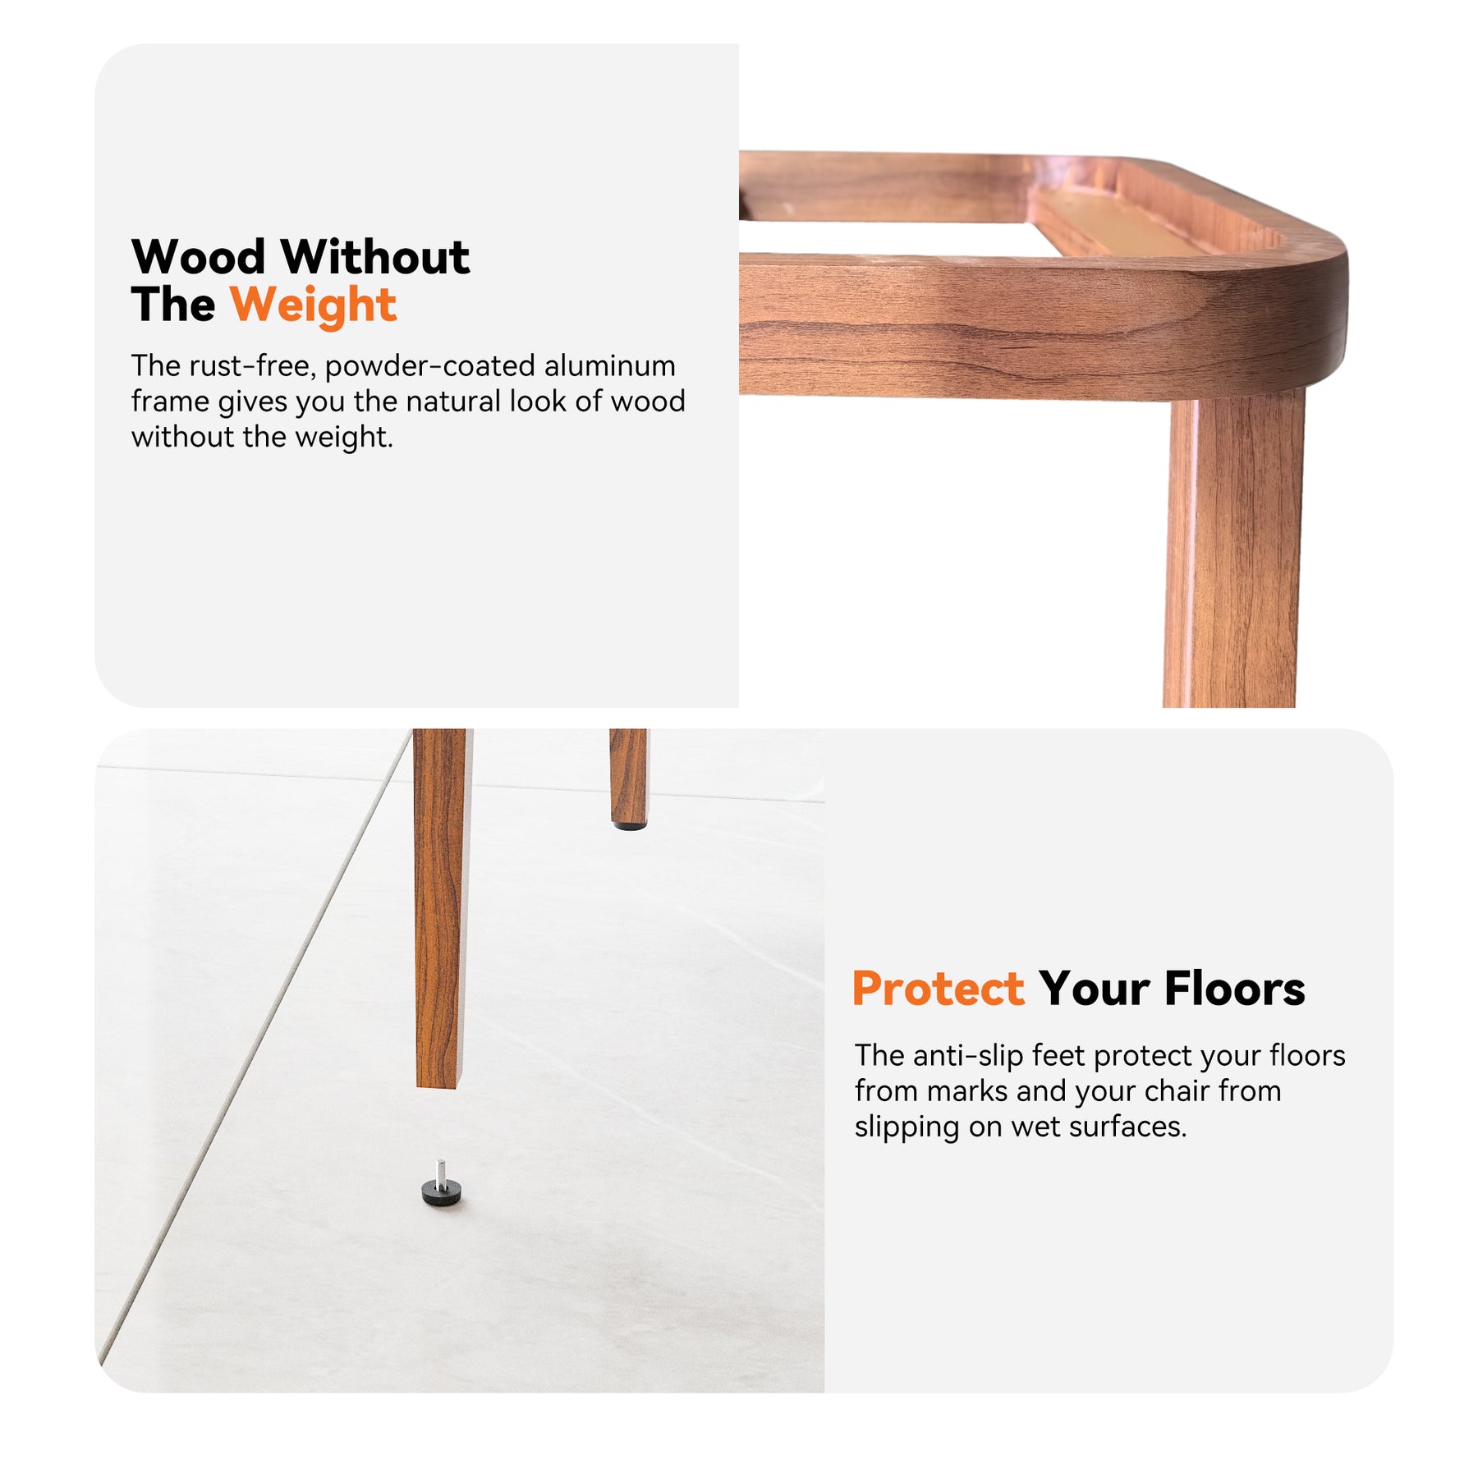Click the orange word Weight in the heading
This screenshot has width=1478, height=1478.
point(313,306)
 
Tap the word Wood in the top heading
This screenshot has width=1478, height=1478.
point(198,257)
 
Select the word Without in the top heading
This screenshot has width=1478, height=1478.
point(376,257)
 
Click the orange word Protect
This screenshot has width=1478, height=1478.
point(938,989)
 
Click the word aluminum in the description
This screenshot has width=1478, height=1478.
point(610,365)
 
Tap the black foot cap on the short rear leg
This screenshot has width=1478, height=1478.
point(629,824)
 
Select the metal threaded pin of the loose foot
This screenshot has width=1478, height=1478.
point(441,1170)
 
